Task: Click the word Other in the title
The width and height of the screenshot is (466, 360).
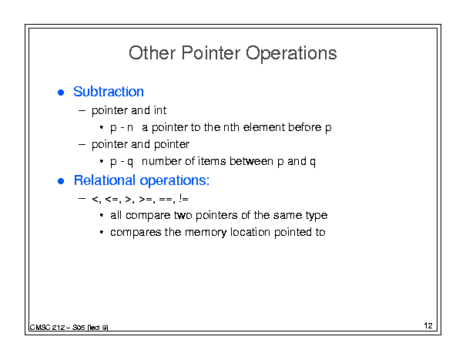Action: click(x=152, y=53)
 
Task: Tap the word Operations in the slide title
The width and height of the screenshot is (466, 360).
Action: click(x=291, y=54)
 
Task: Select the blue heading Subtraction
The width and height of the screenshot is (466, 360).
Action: click(x=109, y=91)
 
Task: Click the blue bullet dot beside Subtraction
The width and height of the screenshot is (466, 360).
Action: click(x=61, y=93)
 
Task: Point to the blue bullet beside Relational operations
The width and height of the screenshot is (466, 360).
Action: click(x=61, y=181)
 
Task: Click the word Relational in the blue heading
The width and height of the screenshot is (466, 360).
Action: click(x=105, y=180)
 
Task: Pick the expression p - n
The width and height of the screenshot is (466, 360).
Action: click(x=122, y=128)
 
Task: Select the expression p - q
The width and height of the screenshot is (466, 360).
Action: click(x=122, y=162)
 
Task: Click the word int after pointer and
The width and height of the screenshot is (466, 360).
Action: click(x=160, y=110)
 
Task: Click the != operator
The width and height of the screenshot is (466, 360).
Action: click(x=183, y=198)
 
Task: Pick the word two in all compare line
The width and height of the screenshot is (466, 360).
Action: click(x=183, y=215)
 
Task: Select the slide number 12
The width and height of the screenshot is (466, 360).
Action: click(x=428, y=326)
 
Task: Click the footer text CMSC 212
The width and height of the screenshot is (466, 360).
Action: click(x=47, y=328)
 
